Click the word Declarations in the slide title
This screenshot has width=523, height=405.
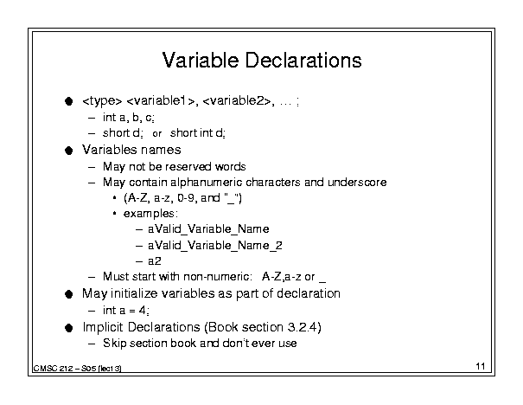[303, 61]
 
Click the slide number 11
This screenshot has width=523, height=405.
[481, 366]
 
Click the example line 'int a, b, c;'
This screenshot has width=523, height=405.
[129, 118]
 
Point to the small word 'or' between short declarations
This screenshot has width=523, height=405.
[156, 134]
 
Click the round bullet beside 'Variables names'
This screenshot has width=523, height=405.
[69, 151]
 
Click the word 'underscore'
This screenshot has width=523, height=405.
[357, 183]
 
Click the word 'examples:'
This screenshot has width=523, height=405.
[150, 214]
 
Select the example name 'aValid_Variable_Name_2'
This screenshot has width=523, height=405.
[215, 246]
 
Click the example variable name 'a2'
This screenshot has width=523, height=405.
[155, 261]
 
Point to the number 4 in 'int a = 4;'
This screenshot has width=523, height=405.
[143, 311]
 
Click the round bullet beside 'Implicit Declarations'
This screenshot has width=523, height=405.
[69, 328]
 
